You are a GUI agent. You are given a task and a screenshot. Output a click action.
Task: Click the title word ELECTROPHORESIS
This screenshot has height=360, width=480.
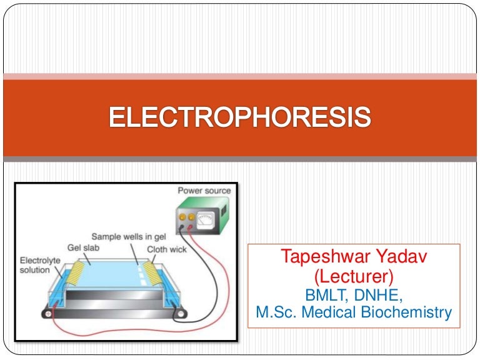click(240, 117)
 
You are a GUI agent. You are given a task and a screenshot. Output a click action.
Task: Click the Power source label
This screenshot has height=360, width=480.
click(204, 190)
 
